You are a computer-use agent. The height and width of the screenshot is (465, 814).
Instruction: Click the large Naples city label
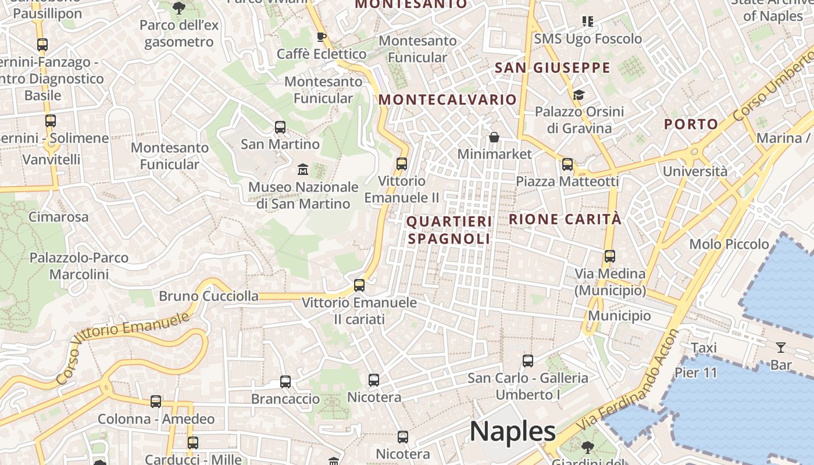(512, 431)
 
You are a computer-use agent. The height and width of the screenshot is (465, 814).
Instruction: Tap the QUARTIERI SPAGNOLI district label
(449, 230)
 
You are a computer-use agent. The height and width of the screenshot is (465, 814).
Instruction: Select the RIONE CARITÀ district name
(565, 219)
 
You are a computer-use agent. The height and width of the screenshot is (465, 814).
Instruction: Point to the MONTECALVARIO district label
(448, 99)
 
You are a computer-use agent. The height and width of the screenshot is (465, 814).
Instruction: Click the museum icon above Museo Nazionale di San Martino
(302, 170)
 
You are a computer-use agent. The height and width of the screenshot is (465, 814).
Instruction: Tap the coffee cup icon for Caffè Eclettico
(321, 37)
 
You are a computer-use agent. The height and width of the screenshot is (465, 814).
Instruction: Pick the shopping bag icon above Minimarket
(494, 137)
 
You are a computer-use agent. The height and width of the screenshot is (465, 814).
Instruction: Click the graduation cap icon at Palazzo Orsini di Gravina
(579, 95)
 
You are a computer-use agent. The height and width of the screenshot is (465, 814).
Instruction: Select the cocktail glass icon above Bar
(781, 348)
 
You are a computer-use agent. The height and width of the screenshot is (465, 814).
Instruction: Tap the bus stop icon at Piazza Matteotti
(567, 164)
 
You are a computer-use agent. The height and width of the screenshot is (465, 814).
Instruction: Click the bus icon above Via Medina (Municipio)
(609, 256)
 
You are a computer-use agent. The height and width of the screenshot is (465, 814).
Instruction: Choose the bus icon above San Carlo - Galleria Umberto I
(527, 360)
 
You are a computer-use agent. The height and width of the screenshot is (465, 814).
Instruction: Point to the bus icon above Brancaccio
(285, 382)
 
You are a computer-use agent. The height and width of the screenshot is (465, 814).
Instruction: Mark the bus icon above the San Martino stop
(280, 127)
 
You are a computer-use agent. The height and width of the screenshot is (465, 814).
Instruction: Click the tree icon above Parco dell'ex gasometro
(178, 8)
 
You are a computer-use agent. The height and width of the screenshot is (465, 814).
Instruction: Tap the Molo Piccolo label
(729, 244)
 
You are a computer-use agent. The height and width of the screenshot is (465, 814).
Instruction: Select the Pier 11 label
(696, 373)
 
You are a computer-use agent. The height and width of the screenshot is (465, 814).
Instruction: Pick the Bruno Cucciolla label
(209, 296)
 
